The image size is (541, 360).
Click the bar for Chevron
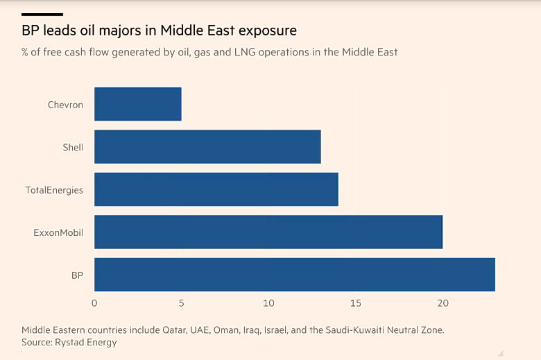[x=137, y=104]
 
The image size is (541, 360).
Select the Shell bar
[x=207, y=147]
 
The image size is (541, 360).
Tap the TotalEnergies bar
[x=216, y=189]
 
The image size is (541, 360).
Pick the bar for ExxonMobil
[x=268, y=232]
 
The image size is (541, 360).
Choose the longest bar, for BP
[x=294, y=275]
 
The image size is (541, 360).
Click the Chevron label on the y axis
[x=65, y=105]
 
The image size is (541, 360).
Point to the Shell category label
[x=73, y=147]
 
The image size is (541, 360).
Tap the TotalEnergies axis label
[x=54, y=190]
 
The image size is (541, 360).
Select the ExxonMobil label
[x=58, y=232]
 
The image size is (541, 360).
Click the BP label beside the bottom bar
[x=77, y=275]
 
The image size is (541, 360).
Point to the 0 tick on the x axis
[x=94, y=303]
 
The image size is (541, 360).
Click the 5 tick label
[x=181, y=303]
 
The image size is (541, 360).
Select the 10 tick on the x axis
[x=268, y=303]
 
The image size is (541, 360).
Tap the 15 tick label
[x=355, y=303]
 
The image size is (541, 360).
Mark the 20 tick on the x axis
[x=443, y=303]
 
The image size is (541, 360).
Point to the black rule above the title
[x=42, y=14]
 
